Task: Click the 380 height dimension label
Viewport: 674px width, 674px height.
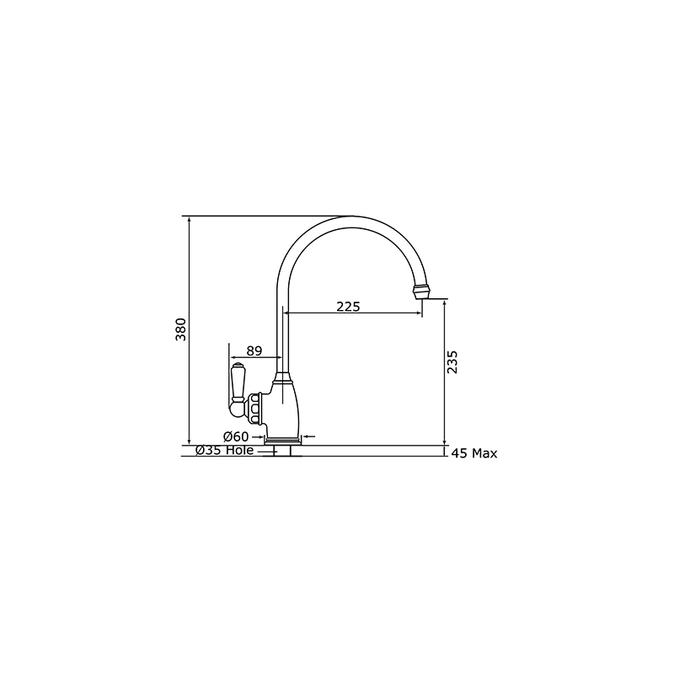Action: (179, 330)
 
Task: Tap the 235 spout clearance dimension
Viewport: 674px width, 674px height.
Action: (452, 362)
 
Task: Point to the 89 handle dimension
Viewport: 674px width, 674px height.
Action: (254, 350)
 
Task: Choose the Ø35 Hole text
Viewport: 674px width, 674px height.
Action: (224, 451)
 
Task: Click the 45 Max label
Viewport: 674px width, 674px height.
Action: (474, 454)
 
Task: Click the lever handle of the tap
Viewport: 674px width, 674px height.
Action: (236, 388)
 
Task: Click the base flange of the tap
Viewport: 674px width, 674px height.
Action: (283, 441)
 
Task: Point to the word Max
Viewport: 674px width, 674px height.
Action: (484, 454)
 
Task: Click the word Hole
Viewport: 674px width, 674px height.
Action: (239, 451)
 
